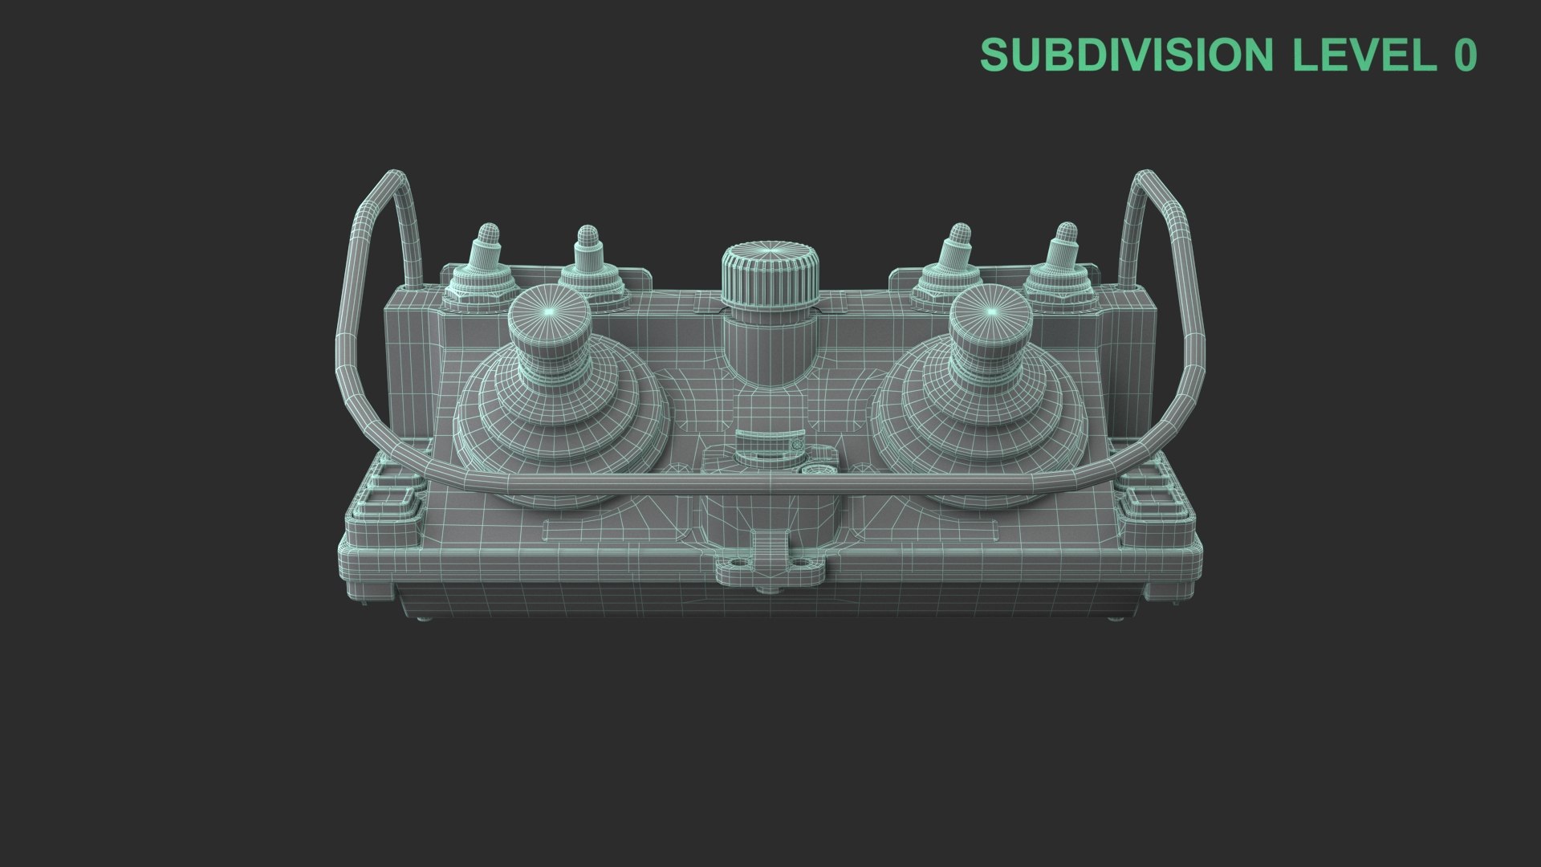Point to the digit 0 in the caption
click(x=1464, y=55)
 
